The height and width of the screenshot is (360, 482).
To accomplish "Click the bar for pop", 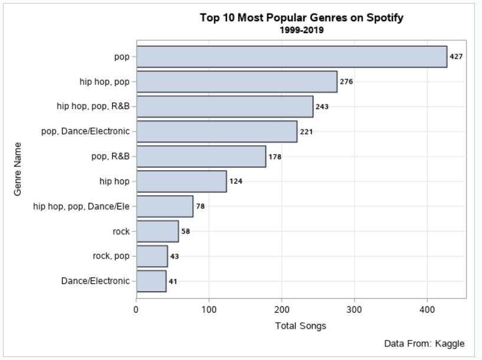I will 291,57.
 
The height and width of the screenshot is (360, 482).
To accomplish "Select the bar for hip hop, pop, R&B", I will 225,107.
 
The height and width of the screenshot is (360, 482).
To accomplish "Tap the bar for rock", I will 158,231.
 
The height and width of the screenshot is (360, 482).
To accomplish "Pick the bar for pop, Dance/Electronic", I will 217,132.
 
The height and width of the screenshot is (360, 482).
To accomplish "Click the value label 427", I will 456,57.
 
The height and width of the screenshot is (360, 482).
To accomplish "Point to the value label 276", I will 346,82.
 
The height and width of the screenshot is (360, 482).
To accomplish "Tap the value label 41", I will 173,282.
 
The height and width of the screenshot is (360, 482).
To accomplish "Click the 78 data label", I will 200,207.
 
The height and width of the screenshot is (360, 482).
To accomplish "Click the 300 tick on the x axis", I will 355,308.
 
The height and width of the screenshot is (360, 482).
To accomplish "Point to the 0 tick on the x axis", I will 136,308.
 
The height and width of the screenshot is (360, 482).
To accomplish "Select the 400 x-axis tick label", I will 427,308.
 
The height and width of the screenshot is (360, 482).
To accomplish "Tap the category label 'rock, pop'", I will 112,256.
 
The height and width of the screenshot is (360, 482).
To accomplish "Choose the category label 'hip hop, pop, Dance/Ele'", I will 81,207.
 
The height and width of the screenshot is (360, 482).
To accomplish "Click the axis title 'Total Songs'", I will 300,325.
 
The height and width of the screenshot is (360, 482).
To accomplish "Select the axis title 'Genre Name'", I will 19,169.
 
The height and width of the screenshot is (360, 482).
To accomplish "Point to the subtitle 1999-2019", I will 301,30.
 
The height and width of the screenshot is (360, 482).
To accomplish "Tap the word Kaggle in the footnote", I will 450,343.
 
